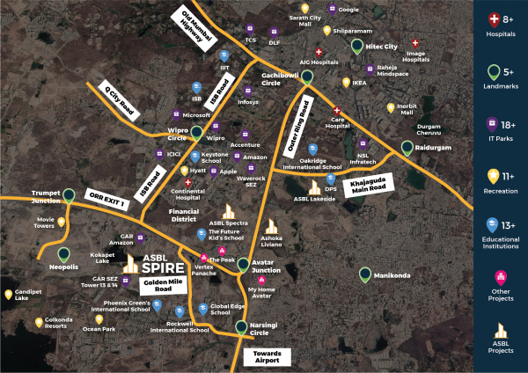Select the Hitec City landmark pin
(x=356, y=48)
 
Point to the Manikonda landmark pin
(x=364, y=275)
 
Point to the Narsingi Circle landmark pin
(x=241, y=329)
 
